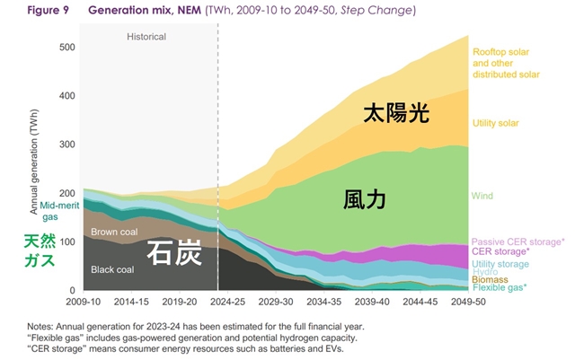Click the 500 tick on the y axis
coord(66,47)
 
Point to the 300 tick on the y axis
coord(66,145)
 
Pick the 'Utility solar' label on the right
coord(495,123)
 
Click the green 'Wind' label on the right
coord(482,196)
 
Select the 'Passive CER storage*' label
coord(517,241)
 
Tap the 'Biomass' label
coord(490,279)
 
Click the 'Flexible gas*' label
coord(499,287)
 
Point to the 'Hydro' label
coord(485,271)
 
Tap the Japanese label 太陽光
coord(395,113)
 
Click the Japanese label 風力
coord(365,198)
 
